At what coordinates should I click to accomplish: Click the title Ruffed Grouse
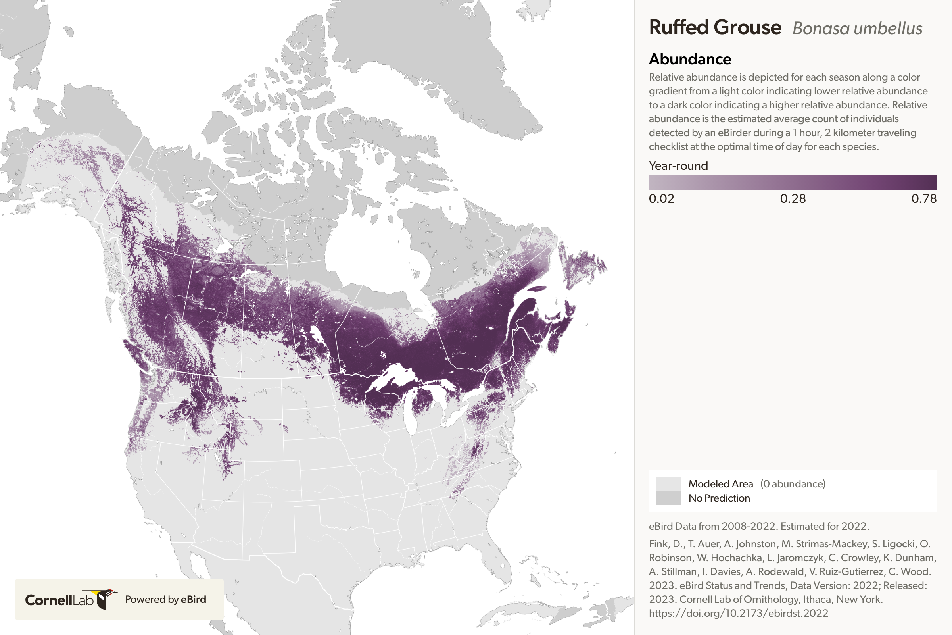pos(715,27)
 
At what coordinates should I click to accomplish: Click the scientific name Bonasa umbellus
pos(857,28)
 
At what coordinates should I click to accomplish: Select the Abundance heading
pos(690,59)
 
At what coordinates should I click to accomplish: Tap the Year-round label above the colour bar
pos(678,165)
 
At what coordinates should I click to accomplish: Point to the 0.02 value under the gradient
pos(661,198)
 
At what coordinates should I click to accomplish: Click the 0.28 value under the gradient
pos(793,198)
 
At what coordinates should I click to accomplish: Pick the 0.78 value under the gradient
pos(924,198)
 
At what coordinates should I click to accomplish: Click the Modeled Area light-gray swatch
pos(668,483)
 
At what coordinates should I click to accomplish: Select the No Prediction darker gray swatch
pos(668,498)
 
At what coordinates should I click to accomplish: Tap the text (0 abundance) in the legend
pos(793,483)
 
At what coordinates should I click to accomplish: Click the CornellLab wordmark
pos(59,600)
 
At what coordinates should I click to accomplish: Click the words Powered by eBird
pos(165,599)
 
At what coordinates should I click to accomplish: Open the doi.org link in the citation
pos(738,613)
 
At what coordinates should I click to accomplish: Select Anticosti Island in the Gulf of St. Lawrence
pos(537,289)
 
